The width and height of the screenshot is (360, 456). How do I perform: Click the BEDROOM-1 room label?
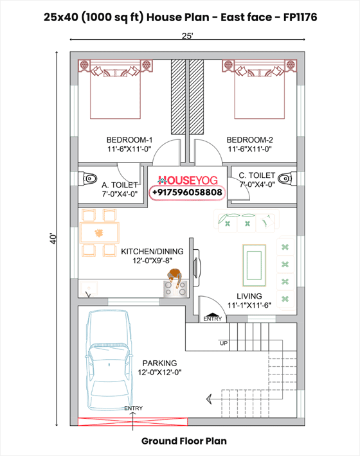coord(129,140)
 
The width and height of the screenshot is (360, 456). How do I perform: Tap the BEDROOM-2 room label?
coord(249,140)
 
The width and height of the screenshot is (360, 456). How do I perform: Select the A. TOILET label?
coord(120,185)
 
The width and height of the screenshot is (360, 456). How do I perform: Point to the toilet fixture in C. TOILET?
coord(287,179)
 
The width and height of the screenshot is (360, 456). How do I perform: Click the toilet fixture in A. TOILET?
coord(87,179)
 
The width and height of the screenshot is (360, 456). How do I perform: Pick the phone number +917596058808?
coord(187,192)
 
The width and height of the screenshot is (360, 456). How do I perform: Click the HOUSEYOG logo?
coord(188,180)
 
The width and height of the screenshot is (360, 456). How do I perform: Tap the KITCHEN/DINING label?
coord(152,252)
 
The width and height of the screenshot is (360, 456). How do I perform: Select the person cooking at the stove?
coord(174,277)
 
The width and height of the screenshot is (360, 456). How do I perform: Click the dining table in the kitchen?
coord(99,232)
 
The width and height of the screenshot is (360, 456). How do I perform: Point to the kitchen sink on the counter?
coord(88,288)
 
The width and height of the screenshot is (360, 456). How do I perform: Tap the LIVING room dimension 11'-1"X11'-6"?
coord(249,305)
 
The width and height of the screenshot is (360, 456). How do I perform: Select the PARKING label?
coord(159,364)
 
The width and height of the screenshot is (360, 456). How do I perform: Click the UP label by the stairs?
coord(224,343)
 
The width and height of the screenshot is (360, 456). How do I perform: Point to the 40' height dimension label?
coord(53,238)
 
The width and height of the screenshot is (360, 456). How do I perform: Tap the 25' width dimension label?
coord(188,36)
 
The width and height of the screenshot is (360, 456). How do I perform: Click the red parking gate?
coord(132,422)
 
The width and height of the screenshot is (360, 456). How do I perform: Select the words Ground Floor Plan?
coord(184,441)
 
